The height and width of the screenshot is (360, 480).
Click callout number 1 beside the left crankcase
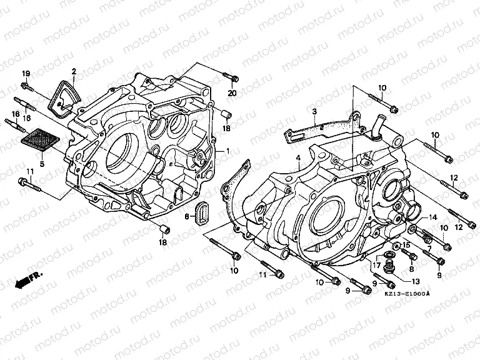point(228,151)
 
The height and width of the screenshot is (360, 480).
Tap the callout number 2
point(74,71)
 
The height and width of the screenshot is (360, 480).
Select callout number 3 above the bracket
point(315,112)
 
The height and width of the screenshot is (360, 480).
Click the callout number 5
point(42,164)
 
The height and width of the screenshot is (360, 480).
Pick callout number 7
point(429,249)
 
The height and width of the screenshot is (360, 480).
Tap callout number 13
point(416,281)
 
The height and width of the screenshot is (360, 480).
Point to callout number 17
point(377,265)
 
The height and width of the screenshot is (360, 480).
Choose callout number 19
point(26,74)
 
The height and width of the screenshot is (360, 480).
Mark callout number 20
point(232,93)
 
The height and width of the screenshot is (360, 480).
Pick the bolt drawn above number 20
point(231,78)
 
